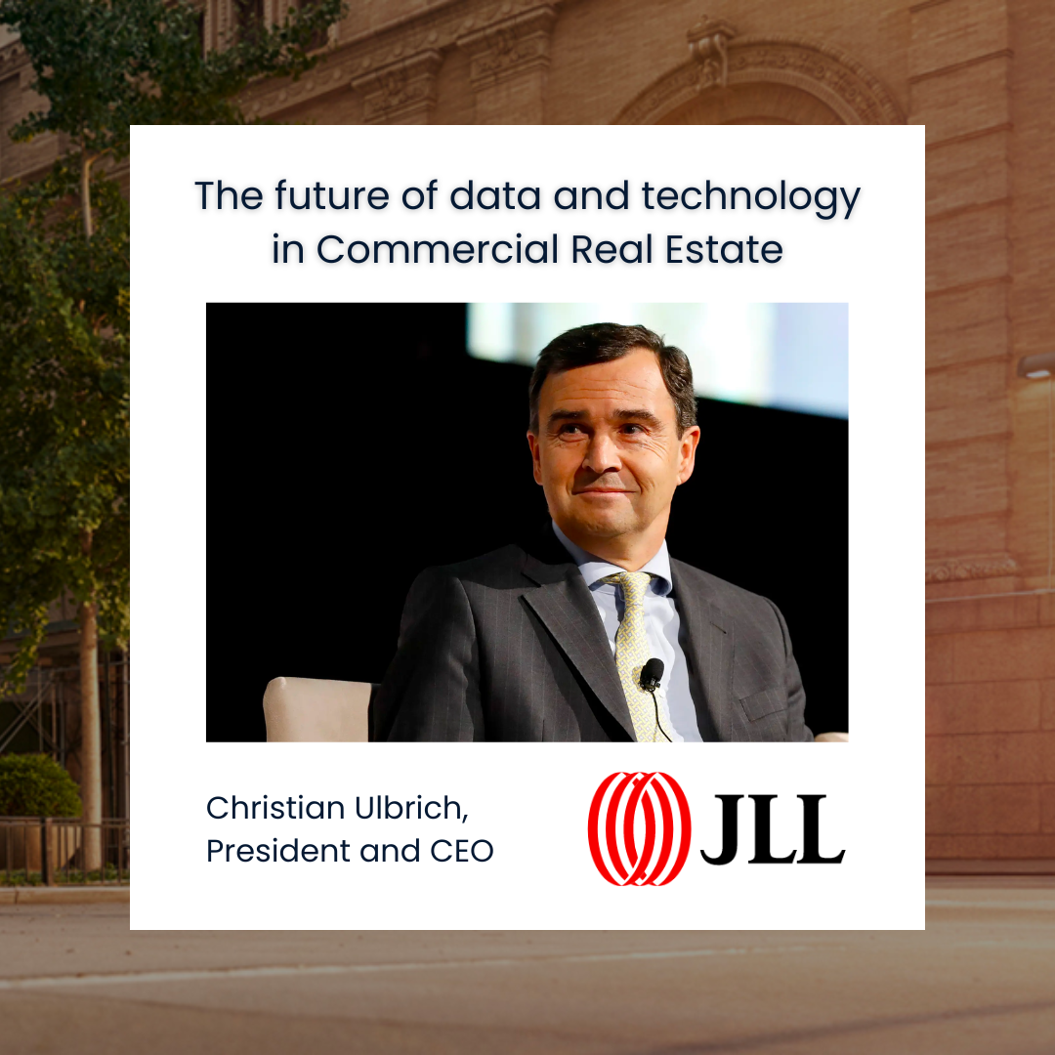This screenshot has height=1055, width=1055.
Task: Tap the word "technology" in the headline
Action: [x=750, y=197]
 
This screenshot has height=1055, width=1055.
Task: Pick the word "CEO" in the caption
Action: [x=462, y=851]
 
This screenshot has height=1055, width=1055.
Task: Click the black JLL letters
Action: [x=773, y=830]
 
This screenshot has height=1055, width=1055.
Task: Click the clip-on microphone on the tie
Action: [x=652, y=672]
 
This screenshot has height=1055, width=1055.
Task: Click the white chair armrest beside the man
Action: [x=317, y=708]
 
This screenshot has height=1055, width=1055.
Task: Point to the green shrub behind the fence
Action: [x=37, y=786]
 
